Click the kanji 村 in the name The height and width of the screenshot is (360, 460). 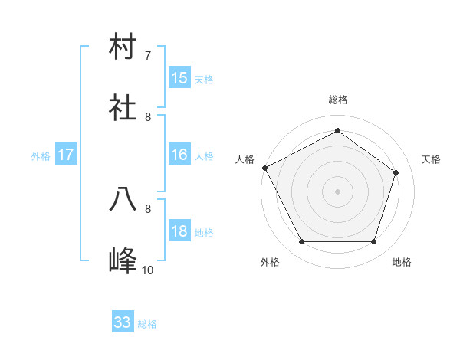(123, 47)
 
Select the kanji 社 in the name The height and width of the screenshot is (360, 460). (123, 109)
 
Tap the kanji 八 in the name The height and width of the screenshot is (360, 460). (123, 200)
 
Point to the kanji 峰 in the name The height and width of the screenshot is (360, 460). (123, 261)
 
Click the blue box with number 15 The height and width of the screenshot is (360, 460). (179, 78)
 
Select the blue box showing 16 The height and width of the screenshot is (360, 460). (179, 155)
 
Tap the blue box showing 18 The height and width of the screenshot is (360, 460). (179, 232)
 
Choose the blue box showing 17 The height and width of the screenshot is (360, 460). (66, 155)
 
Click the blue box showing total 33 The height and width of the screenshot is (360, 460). (123, 323)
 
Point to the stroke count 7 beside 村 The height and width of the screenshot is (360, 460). (147, 56)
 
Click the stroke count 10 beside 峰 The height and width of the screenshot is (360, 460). (147, 270)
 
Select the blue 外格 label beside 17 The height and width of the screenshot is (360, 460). (41, 156)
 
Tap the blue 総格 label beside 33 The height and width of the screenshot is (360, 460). (147, 324)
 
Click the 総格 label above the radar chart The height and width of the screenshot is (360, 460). (338, 100)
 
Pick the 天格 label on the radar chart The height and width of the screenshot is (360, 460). (431, 159)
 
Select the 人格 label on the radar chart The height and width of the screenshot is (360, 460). (245, 159)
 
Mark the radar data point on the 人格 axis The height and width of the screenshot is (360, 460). (265, 168)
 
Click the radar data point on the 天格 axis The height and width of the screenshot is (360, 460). (396, 173)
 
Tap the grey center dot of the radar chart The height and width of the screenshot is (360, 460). (338, 191)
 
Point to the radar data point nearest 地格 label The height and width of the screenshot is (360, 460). (373, 242)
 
